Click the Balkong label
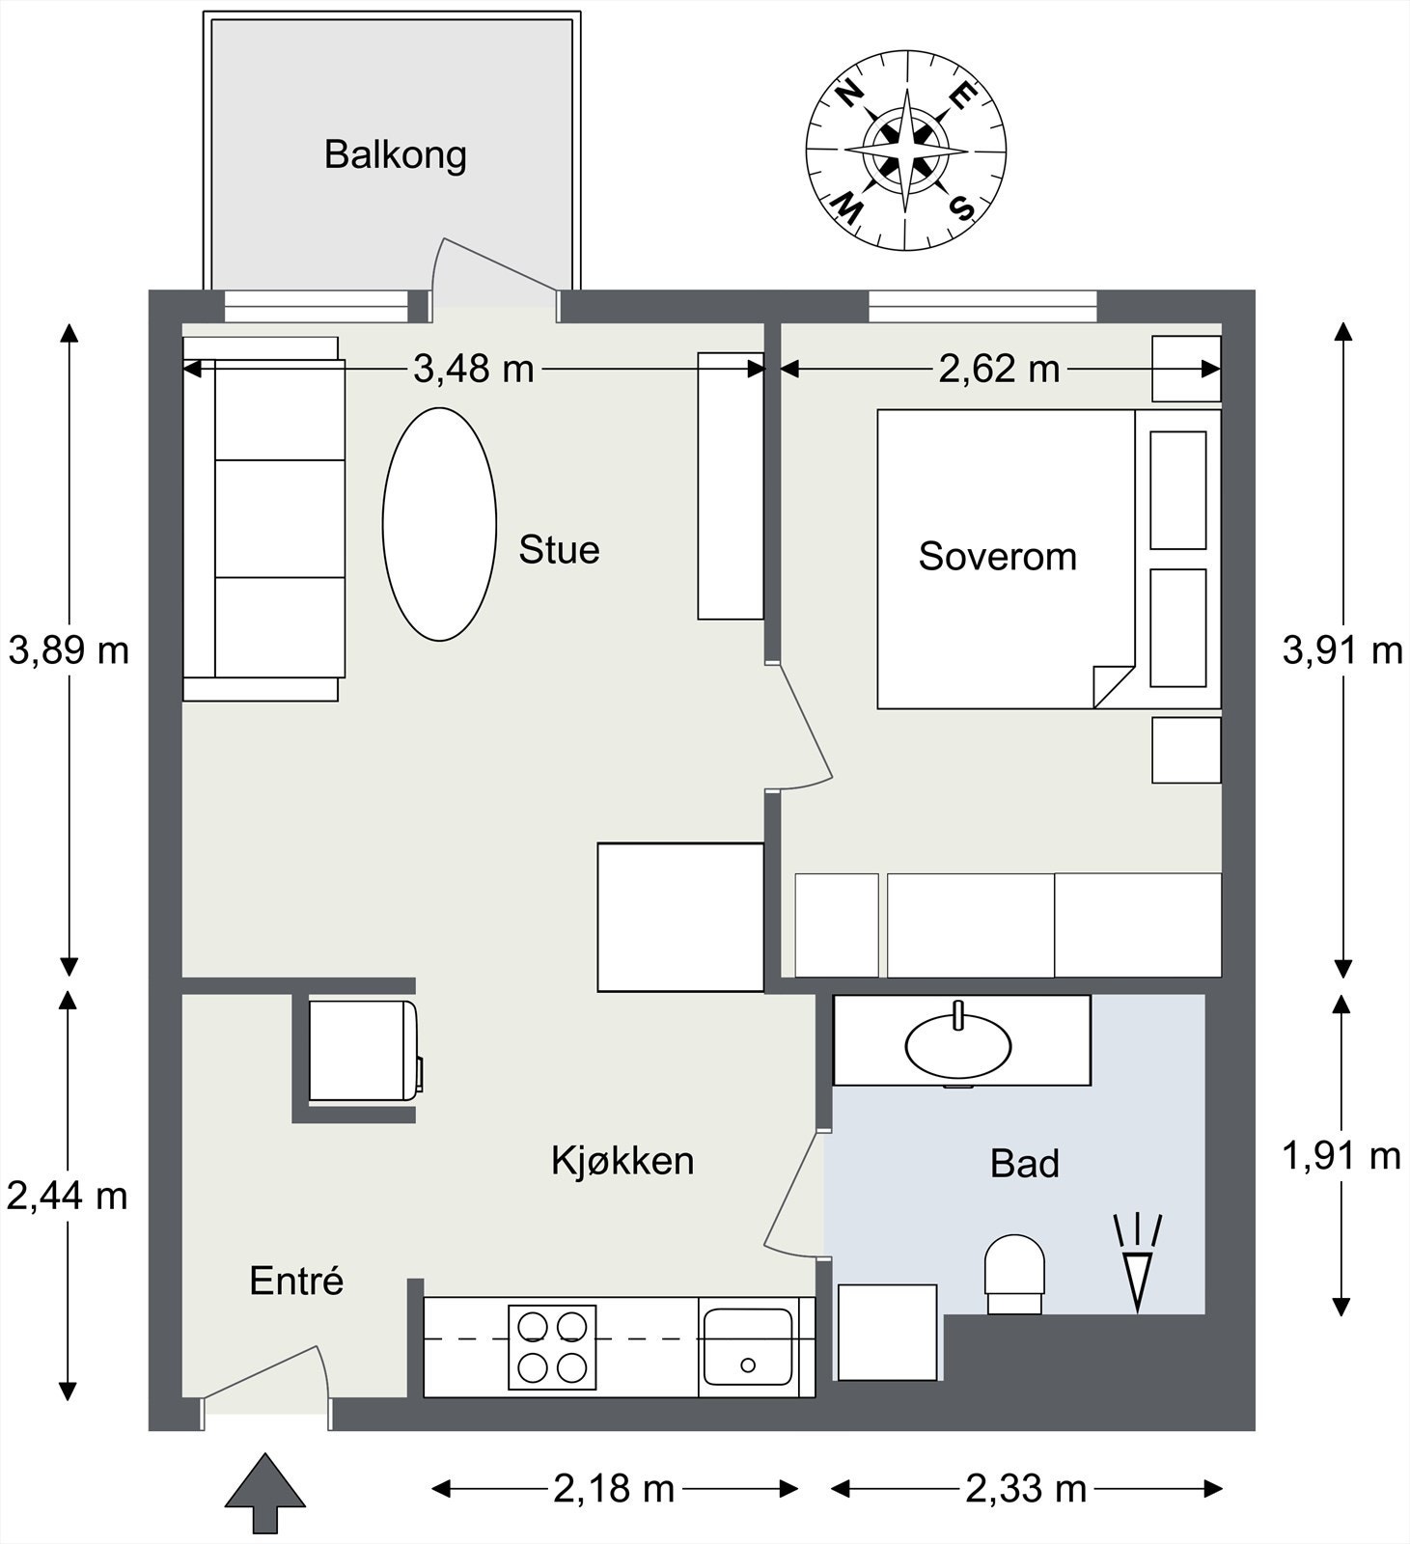395,155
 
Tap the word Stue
559,550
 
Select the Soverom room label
997,557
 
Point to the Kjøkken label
622,1161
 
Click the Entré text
296,1281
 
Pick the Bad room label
1025,1164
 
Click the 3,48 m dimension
474,369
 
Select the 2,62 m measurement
1000,369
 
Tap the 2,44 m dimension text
68,1197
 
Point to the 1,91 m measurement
1341,1155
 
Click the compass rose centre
906,151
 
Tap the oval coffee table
440,524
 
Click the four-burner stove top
552,1347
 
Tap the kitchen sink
748,1347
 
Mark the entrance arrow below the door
265,1493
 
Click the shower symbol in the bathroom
1139,1262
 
